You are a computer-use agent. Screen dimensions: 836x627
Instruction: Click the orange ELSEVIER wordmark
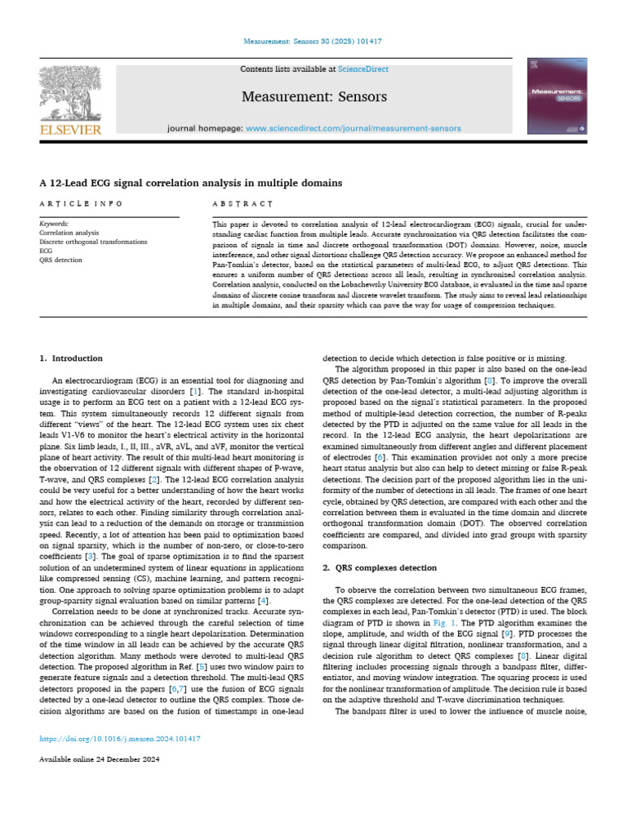71,129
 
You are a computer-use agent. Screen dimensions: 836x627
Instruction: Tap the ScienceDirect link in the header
367,69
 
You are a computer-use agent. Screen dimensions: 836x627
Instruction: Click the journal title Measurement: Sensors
313,97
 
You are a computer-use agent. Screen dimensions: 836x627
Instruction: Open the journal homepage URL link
353,128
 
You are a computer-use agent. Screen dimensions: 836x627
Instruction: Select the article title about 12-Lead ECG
191,183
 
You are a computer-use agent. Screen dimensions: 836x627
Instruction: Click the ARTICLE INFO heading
81,203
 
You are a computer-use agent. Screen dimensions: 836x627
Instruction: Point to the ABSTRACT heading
242,203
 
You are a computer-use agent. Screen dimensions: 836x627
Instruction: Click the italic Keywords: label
55,223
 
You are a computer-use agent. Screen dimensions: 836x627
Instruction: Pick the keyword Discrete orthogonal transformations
93,242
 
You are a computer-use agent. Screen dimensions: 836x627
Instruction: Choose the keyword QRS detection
61,260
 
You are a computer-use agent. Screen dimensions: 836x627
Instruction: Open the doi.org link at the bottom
120,739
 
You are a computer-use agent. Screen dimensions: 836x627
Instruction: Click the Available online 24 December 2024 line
99,759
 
